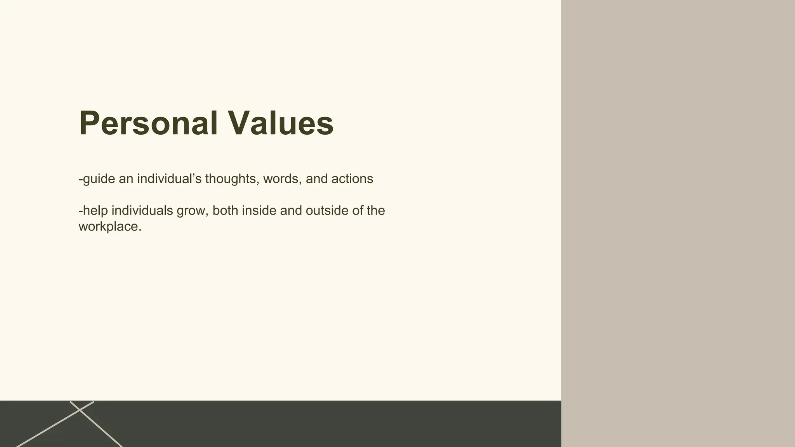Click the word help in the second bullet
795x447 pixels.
(95, 211)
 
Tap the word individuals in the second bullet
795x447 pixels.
(142, 211)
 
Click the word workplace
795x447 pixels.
(109, 227)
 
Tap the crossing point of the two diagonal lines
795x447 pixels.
(80, 410)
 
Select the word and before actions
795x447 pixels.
(316, 179)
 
